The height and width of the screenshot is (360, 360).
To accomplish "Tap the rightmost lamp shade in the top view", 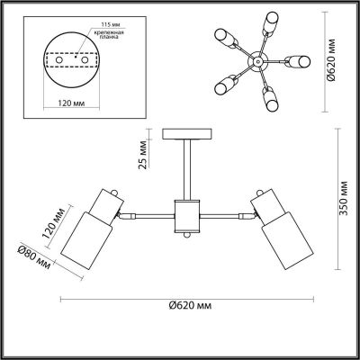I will [x=299, y=62].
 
